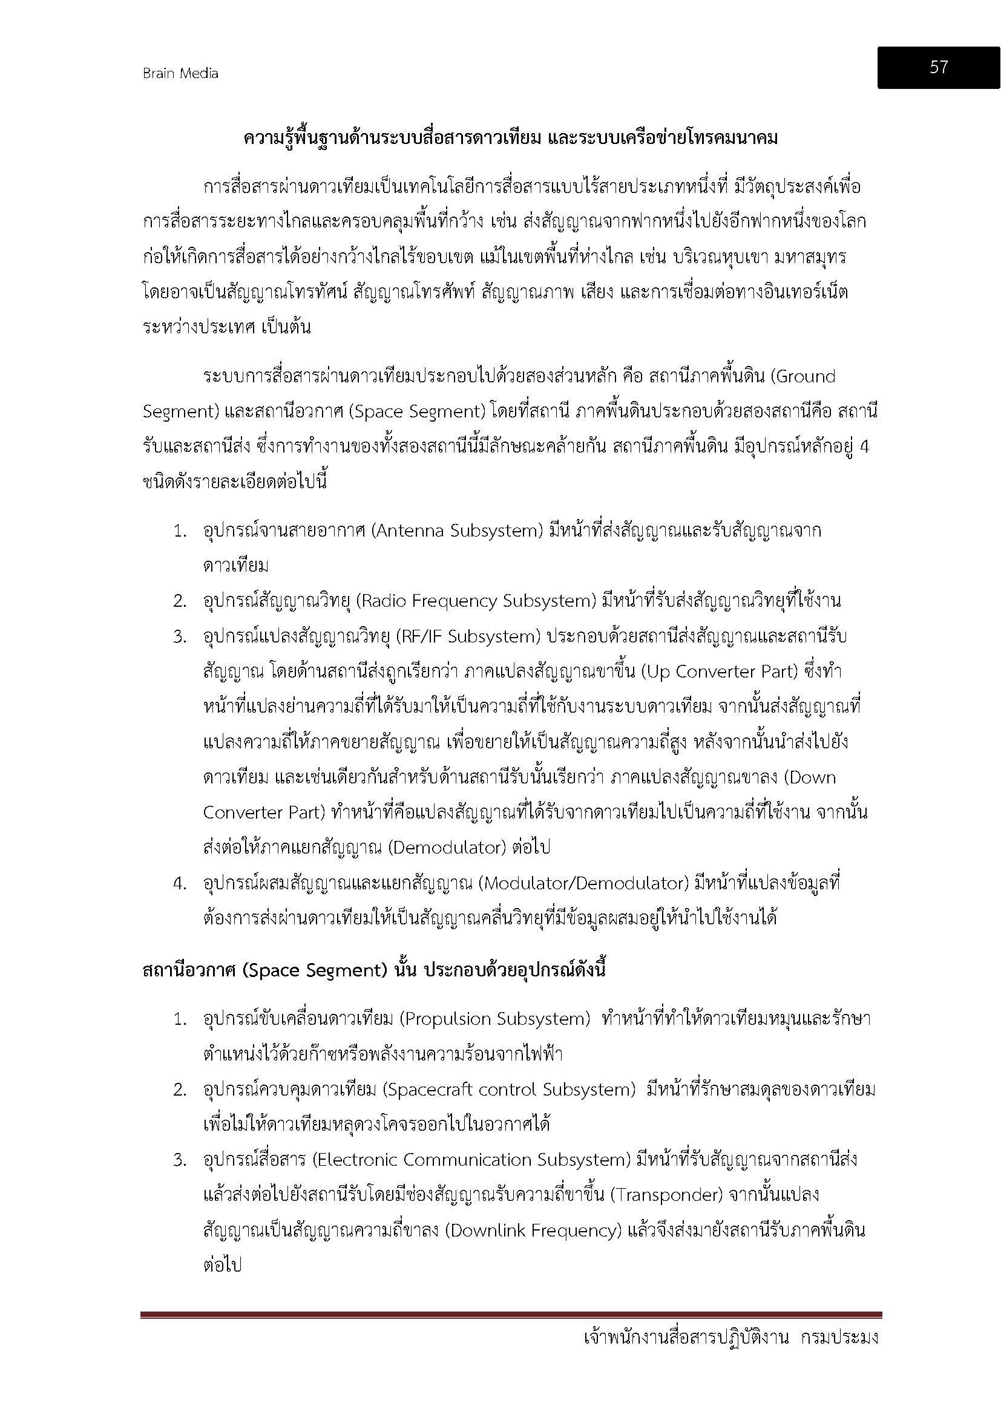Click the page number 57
[938, 67]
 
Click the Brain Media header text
[180, 73]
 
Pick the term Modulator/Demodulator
[585, 883]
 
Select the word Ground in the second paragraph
[806, 376]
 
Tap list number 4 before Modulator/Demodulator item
[180, 884]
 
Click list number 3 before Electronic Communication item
[180, 1160]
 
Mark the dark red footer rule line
[511, 1315]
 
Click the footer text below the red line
[730, 1339]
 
